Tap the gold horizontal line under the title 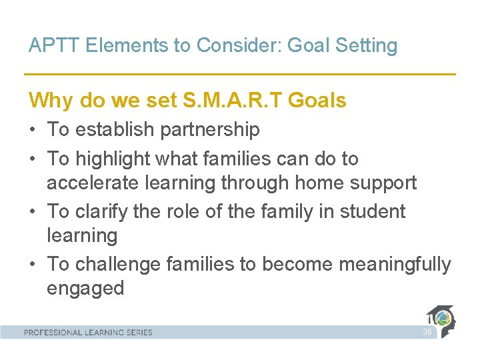click(x=240, y=74)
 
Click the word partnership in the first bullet click(x=210, y=130)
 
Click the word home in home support click(x=311, y=183)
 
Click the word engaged click(x=85, y=289)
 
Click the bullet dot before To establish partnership click(x=33, y=130)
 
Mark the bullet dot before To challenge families click(x=33, y=265)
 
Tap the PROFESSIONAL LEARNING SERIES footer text click(x=88, y=332)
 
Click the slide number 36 click(x=427, y=332)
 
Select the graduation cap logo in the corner click(x=442, y=321)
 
